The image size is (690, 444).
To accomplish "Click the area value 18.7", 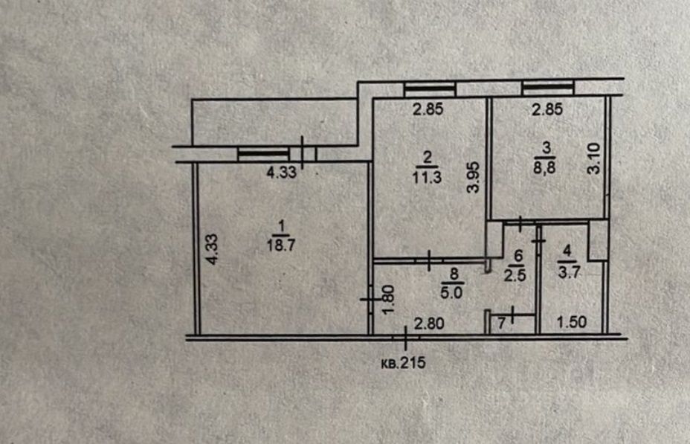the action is coord(280,245).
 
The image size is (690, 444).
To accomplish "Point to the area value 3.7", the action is coord(567,271).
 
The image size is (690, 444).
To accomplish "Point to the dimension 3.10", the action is coord(593,158).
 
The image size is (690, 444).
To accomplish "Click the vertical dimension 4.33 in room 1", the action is coord(211,250).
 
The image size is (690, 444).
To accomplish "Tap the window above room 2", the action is coord(430,89).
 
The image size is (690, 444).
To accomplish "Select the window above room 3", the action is coord(548,89).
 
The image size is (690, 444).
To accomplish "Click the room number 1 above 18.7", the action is coord(280,225).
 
